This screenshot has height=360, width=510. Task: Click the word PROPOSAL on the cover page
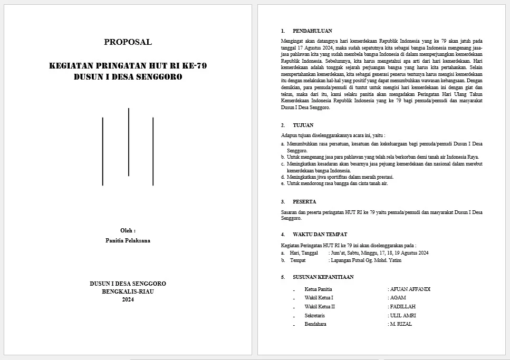pos(128,42)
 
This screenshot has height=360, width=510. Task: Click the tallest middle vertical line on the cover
pos(129,142)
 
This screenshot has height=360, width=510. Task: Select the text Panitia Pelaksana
pos(128,240)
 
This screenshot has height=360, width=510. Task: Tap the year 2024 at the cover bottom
pos(128,300)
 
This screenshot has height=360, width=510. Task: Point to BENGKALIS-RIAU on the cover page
pos(128,291)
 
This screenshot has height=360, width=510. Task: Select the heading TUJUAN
pos(303,125)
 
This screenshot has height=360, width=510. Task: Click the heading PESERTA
pos(304,202)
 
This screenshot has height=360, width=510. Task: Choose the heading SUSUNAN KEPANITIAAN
pos(323,277)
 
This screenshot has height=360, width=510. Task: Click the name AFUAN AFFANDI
pos(410,289)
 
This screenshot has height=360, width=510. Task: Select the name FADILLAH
pos(402,307)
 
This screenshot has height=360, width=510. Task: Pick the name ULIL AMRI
pos(403,316)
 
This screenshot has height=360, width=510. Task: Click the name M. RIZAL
pos(401,324)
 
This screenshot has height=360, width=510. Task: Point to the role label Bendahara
pos(315,324)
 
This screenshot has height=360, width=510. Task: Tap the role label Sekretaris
pos(315,316)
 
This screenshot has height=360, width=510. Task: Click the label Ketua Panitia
pos(318,289)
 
